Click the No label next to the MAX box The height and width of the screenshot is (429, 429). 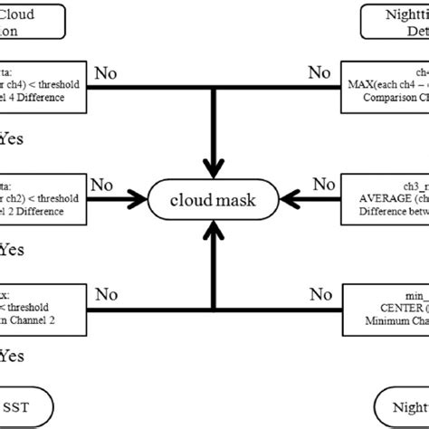(319, 71)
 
